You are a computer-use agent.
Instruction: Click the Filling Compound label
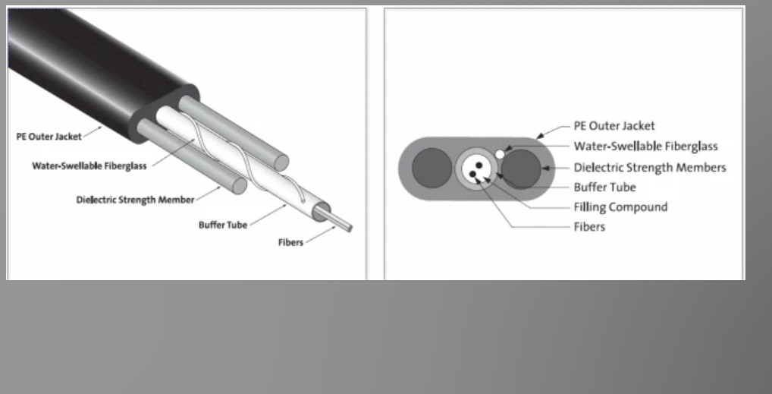620,207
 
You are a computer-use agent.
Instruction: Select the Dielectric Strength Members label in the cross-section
650,168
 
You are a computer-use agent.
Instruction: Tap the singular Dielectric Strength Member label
135,200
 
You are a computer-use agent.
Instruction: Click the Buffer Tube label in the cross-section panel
604,188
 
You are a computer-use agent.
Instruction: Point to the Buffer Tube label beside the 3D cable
222,225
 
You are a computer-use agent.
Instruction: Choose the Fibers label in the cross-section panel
589,227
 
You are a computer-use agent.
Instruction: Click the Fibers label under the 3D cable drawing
290,242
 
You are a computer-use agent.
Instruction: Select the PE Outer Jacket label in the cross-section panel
614,126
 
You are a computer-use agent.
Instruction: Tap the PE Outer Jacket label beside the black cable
49,137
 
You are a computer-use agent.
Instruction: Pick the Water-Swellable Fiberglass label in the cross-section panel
646,147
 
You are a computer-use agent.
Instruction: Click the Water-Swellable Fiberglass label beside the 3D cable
89,165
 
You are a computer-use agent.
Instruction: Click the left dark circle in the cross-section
432,168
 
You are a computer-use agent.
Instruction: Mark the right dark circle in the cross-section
521,169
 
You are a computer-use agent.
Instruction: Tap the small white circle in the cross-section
500,154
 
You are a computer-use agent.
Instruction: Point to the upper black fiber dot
479,165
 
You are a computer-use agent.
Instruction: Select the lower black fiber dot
473,174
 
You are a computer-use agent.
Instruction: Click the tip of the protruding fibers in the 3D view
350,228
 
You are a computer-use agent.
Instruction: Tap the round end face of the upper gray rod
281,162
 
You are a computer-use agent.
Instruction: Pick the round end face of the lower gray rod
240,186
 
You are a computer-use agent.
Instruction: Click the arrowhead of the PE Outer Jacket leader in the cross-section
540,135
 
